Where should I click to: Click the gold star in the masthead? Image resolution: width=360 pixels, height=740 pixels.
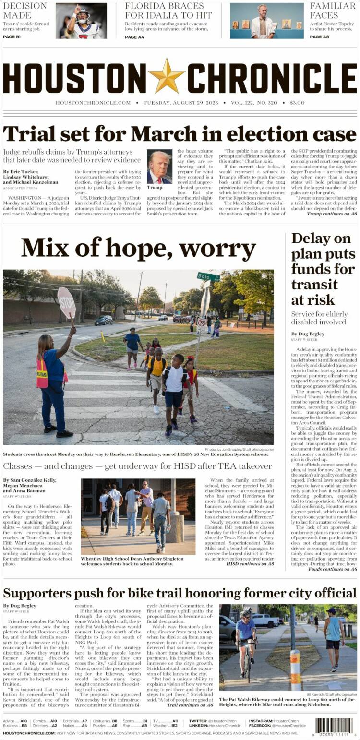click(x=167, y=76)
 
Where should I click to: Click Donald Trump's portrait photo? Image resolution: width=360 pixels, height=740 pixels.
click(x=159, y=167)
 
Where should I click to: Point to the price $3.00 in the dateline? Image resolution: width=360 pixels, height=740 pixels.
click(x=297, y=103)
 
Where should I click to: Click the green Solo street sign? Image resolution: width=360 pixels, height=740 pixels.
click(x=208, y=277)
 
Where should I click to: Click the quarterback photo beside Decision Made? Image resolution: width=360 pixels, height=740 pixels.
click(x=81, y=21)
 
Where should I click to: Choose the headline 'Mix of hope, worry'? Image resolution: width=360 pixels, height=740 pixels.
click(x=138, y=249)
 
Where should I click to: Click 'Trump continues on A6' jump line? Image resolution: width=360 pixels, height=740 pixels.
click(x=332, y=214)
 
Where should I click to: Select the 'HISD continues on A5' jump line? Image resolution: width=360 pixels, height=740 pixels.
click(x=250, y=564)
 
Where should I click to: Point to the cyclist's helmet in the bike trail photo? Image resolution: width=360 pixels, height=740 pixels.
click(x=245, y=614)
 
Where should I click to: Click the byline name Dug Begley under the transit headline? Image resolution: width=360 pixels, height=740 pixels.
click(x=308, y=334)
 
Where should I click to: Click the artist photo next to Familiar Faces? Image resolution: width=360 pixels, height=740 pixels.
click(x=267, y=21)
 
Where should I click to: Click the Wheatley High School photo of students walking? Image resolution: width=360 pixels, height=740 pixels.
click(x=138, y=516)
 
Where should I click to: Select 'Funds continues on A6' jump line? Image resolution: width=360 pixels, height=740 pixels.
click(x=333, y=569)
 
